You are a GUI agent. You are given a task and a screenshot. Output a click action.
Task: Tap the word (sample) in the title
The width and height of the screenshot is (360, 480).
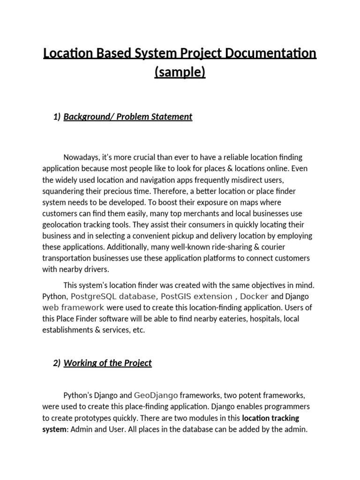[x=180, y=73]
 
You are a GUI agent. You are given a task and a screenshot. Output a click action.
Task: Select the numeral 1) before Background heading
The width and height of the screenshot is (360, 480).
[x=57, y=117]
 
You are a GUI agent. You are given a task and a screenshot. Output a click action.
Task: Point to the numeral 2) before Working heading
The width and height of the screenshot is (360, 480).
[x=57, y=363]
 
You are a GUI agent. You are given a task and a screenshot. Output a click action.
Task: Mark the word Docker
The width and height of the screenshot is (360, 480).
[x=254, y=297]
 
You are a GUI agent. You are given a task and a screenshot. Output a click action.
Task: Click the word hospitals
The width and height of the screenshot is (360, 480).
[x=267, y=319]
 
